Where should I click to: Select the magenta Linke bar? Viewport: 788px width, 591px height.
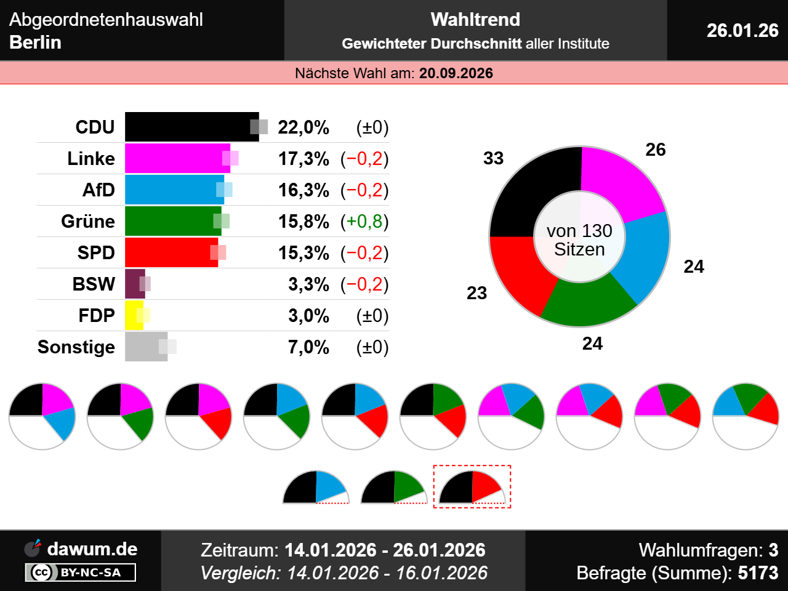coord(175,158)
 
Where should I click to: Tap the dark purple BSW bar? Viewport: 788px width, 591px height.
coord(134,284)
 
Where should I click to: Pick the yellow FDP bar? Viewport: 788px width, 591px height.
coord(134,315)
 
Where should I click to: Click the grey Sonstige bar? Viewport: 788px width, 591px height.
coord(145,347)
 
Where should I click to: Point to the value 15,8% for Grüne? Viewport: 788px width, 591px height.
coord(304,222)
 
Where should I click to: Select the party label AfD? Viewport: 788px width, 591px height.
coord(98,190)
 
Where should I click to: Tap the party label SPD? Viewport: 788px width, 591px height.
coord(96,252)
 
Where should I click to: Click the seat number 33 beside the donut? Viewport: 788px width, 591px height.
coord(493,158)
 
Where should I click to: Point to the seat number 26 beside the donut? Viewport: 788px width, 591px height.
coord(656,150)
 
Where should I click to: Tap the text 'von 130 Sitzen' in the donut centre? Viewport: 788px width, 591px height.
coord(579,240)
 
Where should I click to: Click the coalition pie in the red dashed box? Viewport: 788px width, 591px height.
coord(472,487)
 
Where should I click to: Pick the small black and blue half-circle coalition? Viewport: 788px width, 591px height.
coord(315,488)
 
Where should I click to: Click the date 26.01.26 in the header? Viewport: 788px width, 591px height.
coord(742,30)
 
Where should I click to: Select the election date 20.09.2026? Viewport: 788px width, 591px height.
coord(456,73)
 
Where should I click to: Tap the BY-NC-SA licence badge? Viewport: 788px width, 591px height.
coord(80,573)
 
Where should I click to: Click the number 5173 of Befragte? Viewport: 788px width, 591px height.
coord(758,573)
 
